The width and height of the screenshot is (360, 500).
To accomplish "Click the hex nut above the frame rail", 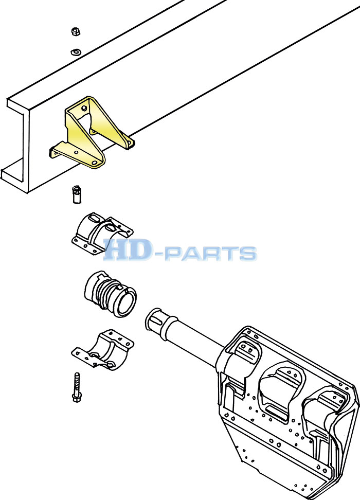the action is [75, 31].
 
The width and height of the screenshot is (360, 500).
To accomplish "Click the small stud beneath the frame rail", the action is [77, 194].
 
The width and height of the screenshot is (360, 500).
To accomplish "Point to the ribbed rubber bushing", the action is [111, 294].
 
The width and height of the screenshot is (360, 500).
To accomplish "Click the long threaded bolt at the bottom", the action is [76, 387].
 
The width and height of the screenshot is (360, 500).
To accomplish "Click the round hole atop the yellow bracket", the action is [84, 108].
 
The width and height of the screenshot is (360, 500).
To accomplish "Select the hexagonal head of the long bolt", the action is [76, 398].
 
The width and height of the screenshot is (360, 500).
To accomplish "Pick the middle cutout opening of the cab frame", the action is [281, 392].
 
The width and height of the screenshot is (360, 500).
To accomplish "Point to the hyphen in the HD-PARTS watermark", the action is [158, 254].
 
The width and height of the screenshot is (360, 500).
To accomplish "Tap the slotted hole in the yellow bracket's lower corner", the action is [95, 163].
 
